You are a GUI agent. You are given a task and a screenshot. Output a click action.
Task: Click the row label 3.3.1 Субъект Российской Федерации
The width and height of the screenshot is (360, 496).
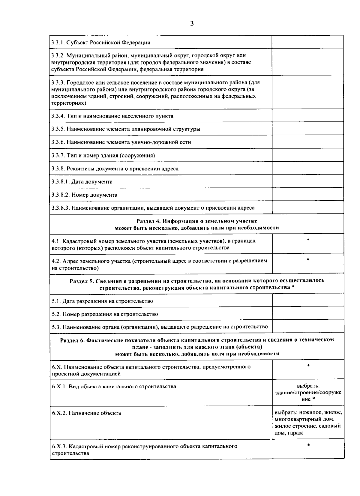pos(101,42)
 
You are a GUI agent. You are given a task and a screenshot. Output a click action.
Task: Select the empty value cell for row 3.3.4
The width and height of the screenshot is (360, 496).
pos(307,115)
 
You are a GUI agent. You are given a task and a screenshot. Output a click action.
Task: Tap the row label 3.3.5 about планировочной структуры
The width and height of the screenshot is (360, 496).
pos(126,129)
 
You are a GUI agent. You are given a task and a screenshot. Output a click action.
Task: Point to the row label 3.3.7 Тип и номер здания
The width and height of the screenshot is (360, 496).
pos(103,155)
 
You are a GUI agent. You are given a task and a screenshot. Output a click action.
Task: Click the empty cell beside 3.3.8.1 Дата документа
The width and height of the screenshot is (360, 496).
pos(307,181)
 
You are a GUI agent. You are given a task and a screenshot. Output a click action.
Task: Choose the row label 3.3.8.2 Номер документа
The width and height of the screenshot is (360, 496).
pos(84,195)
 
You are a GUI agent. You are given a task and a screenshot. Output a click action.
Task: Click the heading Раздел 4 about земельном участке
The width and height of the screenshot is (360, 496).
pos(197,224)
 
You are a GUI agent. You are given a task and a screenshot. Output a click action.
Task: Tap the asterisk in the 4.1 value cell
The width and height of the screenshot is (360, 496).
pos(308,240)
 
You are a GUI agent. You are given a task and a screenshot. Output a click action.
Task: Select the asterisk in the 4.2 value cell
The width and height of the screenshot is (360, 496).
pos(308,259)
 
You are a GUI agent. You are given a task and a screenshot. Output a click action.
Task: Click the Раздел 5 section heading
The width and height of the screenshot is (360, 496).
pos(197,284)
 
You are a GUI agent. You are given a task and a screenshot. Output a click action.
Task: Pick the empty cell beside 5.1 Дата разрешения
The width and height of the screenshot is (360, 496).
pos(308,300)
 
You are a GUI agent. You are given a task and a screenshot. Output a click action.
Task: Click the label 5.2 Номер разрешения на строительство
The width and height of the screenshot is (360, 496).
pos(105,314)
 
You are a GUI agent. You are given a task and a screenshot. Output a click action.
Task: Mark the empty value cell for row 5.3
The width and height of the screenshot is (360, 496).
pos(308,326)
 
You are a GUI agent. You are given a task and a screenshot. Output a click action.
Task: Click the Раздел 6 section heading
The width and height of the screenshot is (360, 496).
pos(197,347)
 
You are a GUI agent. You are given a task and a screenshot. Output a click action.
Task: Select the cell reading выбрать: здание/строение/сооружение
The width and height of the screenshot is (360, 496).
pos(308,393)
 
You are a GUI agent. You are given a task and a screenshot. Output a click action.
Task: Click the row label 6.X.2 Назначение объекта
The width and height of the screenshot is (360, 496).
pos(86,413)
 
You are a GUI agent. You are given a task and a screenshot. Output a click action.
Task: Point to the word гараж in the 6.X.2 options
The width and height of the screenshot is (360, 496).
pos(295,433)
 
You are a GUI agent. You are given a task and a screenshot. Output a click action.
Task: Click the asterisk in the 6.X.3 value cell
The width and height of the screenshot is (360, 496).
pos(308,445)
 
